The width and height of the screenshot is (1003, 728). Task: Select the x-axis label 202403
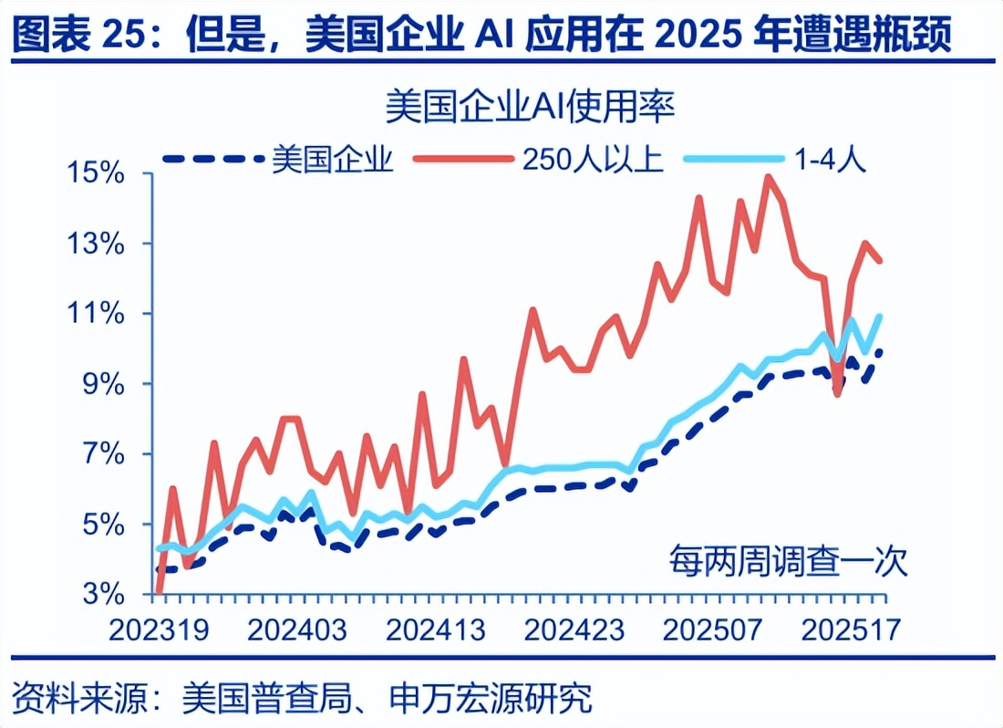tap(298, 629)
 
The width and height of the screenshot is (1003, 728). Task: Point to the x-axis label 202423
tap(575, 629)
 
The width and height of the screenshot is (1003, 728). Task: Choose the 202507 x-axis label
tap(711, 629)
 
